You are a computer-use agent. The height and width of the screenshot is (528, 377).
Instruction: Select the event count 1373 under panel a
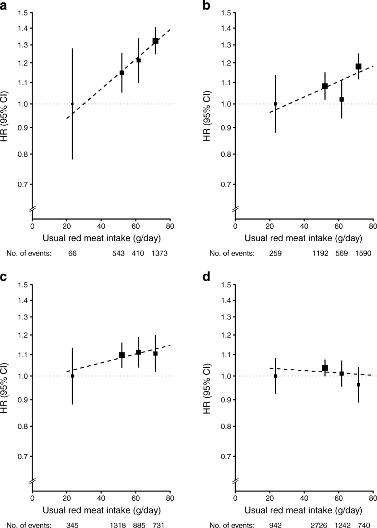158,253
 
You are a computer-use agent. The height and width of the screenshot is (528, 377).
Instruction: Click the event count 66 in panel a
73,253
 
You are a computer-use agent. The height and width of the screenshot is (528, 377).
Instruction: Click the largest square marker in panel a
155,41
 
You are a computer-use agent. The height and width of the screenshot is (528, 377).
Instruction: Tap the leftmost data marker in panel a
73,104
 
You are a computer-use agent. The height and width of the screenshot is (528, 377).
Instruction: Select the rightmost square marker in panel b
358,66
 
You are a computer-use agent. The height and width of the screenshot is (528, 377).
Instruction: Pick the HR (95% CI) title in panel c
6,375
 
